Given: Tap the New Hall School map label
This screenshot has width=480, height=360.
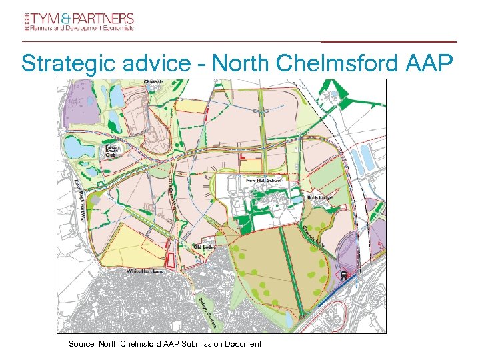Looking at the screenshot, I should [x=264, y=181].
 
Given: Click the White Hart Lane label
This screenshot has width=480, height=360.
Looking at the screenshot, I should [x=145, y=271].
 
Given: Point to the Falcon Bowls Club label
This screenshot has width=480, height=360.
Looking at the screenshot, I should [x=111, y=151].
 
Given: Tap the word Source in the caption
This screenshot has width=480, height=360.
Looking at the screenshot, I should [x=82, y=344].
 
